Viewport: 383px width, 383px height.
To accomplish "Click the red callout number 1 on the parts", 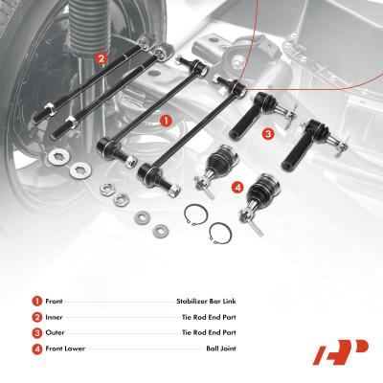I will click(x=165, y=122).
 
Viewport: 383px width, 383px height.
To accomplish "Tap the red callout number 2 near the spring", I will click(x=101, y=58).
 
